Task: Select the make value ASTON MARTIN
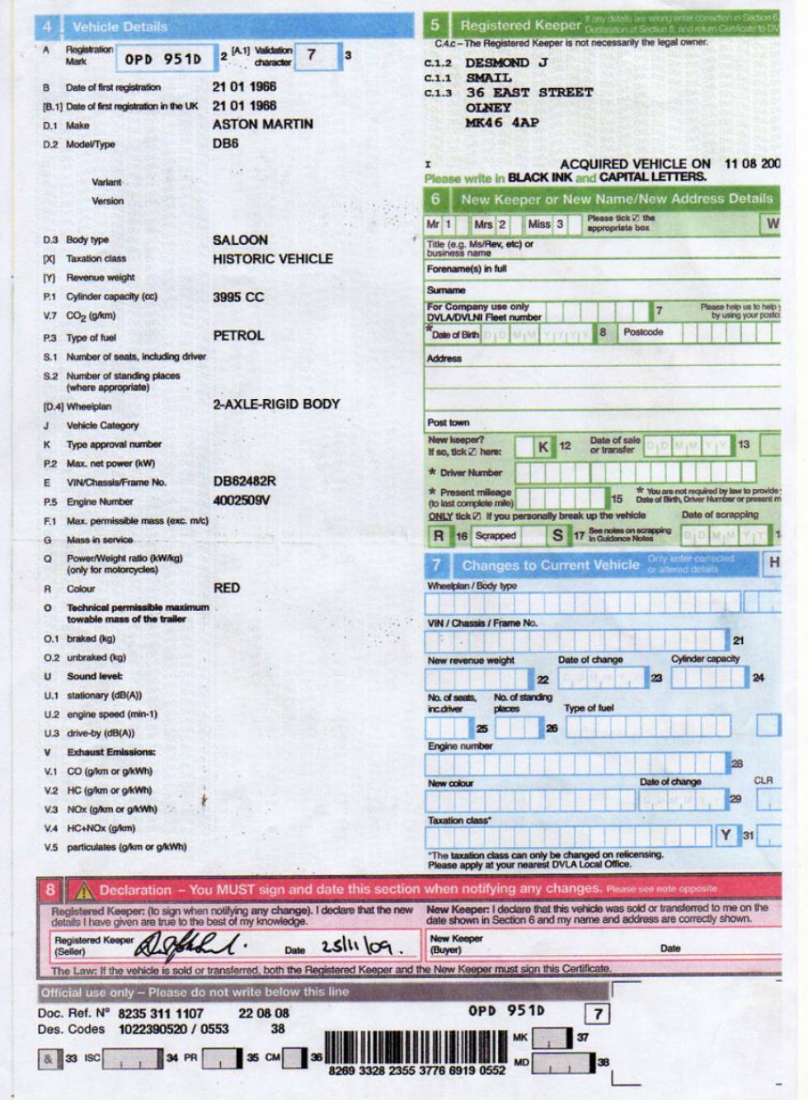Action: coord(262,124)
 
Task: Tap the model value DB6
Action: coord(225,143)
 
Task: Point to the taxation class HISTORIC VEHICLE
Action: coord(272,258)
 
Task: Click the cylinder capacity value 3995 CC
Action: coord(237,297)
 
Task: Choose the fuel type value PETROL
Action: coord(238,336)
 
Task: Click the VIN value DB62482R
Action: coord(244,481)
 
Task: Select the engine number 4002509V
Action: coord(241,500)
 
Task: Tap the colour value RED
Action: coord(226,588)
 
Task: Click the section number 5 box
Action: coord(435,26)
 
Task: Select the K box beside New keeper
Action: coord(543,446)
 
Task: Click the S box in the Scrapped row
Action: coord(558,535)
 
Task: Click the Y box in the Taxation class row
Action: coord(726,835)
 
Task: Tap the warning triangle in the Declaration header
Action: coord(83,891)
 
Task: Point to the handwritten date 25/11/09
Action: coord(356,947)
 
